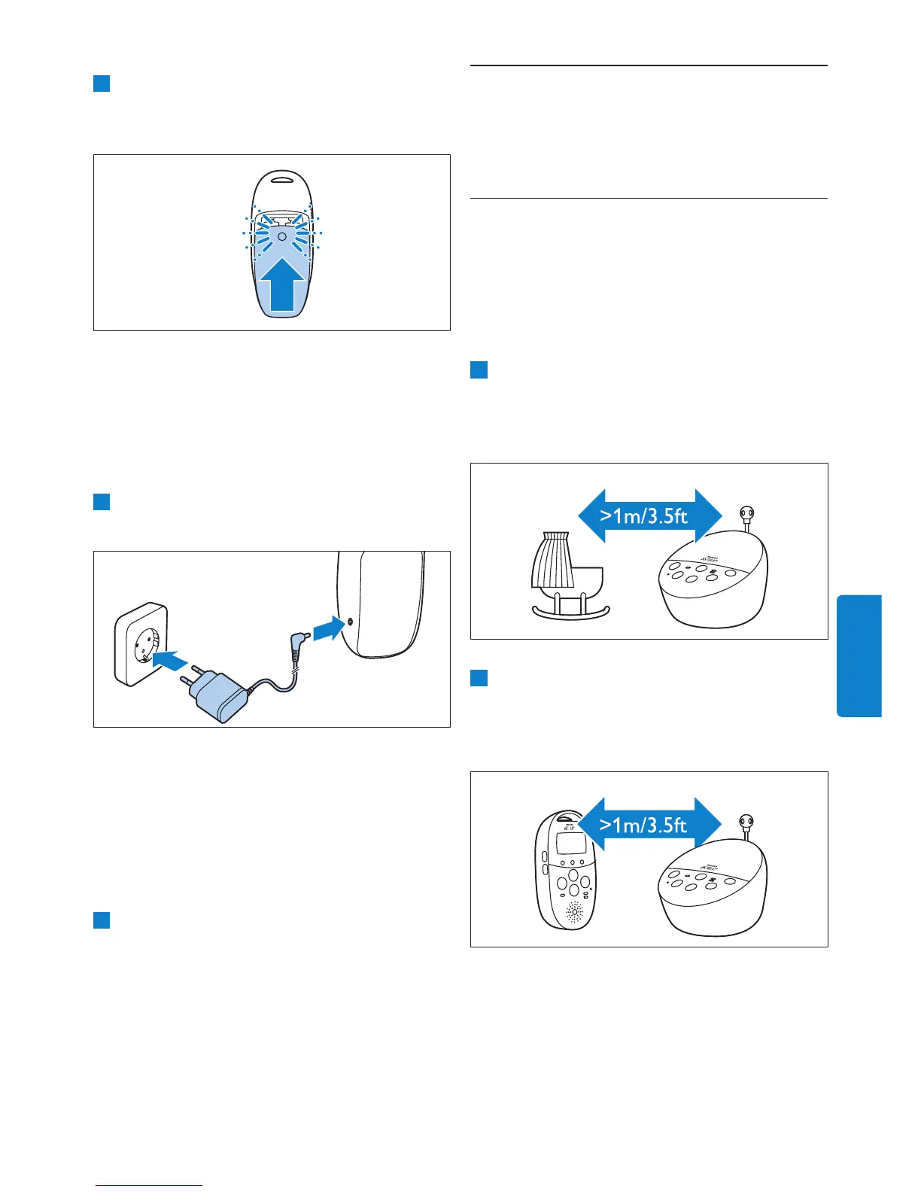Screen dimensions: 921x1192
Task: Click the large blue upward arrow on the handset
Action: point(282,286)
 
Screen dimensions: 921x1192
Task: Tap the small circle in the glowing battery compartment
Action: point(281,236)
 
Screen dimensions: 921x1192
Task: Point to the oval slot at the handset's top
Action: point(281,179)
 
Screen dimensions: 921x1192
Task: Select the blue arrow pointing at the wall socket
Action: point(169,660)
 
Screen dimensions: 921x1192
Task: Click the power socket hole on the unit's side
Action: point(350,622)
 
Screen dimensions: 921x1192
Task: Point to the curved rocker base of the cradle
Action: point(572,614)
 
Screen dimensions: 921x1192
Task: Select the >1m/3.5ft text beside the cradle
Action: point(643,516)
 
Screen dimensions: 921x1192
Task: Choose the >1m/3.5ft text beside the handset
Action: point(643,826)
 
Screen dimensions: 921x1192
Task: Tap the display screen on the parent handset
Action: point(570,844)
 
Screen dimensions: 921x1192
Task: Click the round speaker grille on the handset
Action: point(574,914)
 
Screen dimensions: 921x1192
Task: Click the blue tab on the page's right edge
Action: point(859,655)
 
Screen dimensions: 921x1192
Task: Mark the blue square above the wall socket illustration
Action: point(102,501)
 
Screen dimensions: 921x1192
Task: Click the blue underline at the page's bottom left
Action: point(149,1185)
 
